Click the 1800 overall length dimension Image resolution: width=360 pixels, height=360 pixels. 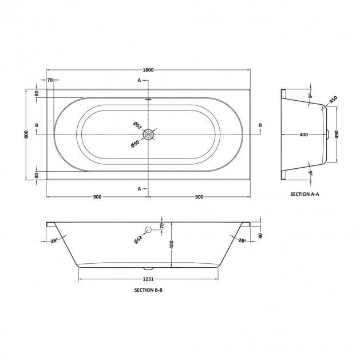pyautogui.click(x=148, y=70)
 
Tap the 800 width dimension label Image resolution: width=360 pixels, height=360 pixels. pyautogui.click(x=26, y=134)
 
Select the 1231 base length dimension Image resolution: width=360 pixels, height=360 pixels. pyautogui.click(x=148, y=279)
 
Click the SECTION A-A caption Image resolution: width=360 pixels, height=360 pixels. pyautogui.click(x=304, y=194)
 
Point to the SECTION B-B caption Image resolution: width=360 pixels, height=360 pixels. pyautogui.click(x=148, y=290)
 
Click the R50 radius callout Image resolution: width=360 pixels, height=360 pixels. pyautogui.click(x=333, y=100)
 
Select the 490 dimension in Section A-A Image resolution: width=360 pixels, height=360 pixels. pyautogui.click(x=337, y=134)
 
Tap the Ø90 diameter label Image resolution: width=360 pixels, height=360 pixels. pyautogui.click(x=135, y=143)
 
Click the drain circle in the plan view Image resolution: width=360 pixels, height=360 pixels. pyautogui.click(x=149, y=134)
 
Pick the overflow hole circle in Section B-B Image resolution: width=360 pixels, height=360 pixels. pyautogui.click(x=148, y=230)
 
